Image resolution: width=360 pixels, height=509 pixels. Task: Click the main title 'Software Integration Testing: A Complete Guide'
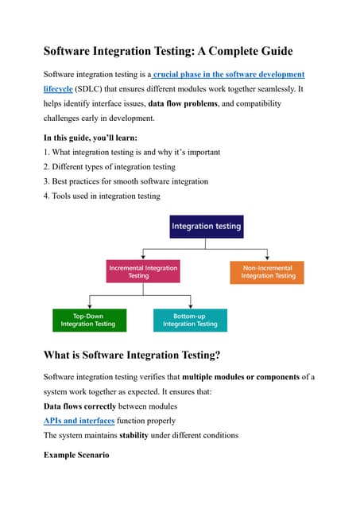[168, 51]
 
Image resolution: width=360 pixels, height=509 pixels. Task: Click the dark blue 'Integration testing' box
[206, 226]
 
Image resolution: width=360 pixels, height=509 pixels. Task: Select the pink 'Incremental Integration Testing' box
[143, 272]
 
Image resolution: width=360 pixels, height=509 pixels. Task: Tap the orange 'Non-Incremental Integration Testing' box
[268, 272]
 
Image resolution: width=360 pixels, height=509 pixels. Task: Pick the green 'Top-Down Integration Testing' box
[88, 320]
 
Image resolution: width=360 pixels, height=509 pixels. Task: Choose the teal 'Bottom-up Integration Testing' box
[190, 320]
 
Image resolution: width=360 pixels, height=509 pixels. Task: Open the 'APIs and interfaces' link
[79, 420]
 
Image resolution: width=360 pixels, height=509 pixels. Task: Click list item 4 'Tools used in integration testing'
[102, 196]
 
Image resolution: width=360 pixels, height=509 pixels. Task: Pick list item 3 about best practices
[126, 181]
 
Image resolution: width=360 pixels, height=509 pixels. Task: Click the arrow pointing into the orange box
[268, 257]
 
